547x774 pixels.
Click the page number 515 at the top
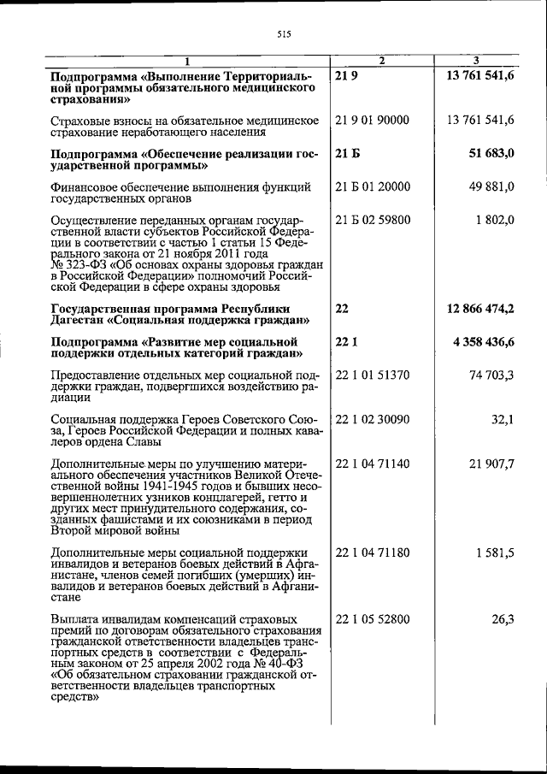(285, 34)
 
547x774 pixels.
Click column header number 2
(381, 59)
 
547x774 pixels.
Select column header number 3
(476, 59)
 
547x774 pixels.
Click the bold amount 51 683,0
(491, 153)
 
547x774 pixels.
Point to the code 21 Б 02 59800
(373, 220)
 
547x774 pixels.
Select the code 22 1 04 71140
(373, 464)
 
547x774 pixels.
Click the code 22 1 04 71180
(373, 552)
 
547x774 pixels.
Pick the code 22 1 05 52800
(373, 618)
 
